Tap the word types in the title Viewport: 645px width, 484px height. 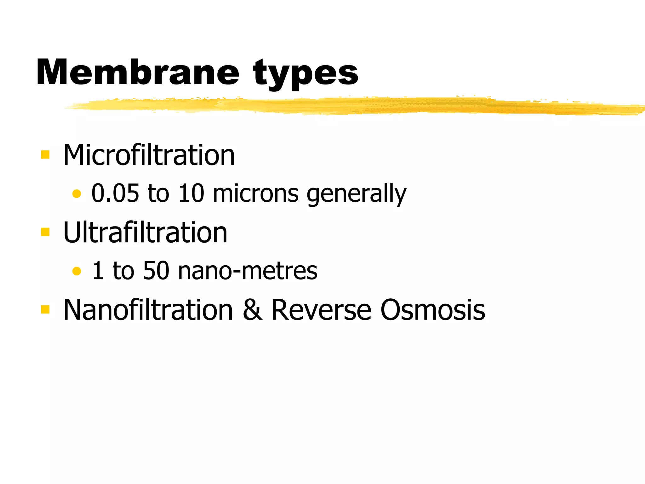[305, 74]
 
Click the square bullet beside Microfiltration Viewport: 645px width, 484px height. [45, 154]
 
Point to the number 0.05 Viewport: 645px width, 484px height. [115, 193]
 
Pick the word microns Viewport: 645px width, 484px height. [255, 193]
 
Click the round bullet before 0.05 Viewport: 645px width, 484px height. [77, 193]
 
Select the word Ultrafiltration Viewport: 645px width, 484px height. [145, 232]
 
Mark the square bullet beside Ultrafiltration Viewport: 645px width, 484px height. [45, 232]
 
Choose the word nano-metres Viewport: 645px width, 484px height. [248, 271]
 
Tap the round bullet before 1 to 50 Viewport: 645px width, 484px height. [77, 271]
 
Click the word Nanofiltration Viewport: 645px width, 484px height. [148, 310]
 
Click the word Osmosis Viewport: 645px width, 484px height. [433, 310]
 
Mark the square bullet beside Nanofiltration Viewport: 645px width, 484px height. [45, 309]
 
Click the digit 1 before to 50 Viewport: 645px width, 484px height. [98, 270]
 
